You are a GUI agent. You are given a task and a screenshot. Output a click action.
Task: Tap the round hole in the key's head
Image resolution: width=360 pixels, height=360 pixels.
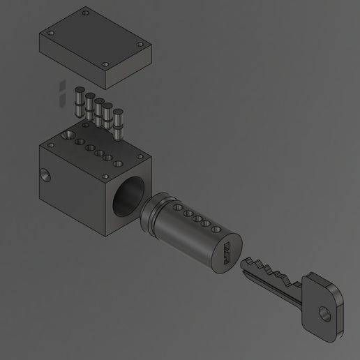coord(326,312)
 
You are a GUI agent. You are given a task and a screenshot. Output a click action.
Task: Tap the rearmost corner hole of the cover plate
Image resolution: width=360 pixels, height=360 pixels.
coord(85,13)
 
